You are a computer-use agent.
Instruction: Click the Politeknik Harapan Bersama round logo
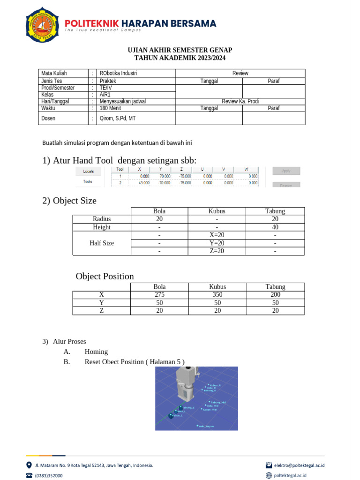click(42, 24)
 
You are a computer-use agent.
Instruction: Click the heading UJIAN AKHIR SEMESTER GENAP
click(180, 50)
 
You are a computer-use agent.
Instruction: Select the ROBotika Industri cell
click(119, 73)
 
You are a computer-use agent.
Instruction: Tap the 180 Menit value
click(110, 108)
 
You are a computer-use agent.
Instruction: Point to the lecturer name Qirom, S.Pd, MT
click(118, 118)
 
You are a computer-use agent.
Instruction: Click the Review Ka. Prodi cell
click(240, 101)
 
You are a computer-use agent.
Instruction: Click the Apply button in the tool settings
click(286, 171)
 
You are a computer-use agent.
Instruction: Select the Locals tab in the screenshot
click(88, 171)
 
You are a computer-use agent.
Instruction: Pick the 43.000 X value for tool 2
click(143, 183)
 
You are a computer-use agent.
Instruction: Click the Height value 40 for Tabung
click(275, 227)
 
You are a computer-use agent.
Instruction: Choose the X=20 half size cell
click(217, 235)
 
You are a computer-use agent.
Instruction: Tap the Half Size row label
click(102, 243)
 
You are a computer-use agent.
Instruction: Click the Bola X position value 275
click(160, 294)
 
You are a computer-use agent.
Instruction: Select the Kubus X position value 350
click(217, 294)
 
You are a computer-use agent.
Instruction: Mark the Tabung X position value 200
click(275, 294)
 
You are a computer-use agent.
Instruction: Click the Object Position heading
click(105, 276)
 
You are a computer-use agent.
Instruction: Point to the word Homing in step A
click(96, 352)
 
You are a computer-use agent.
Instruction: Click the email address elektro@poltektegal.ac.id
click(299, 465)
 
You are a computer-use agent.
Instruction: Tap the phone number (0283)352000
click(49, 475)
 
